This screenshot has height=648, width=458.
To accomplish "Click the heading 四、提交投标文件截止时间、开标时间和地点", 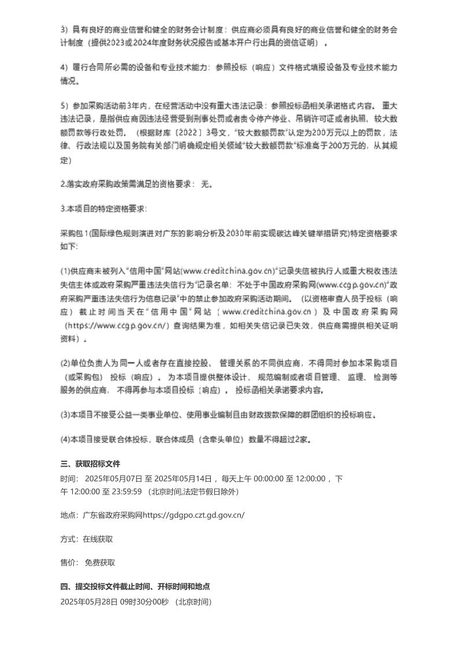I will (135, 587).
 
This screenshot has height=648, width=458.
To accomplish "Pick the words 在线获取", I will (98, 538).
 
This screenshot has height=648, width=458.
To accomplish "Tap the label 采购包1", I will (74, 233).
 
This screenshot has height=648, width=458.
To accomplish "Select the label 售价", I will (68, 562).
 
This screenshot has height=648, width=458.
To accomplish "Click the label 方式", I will (68, 538).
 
